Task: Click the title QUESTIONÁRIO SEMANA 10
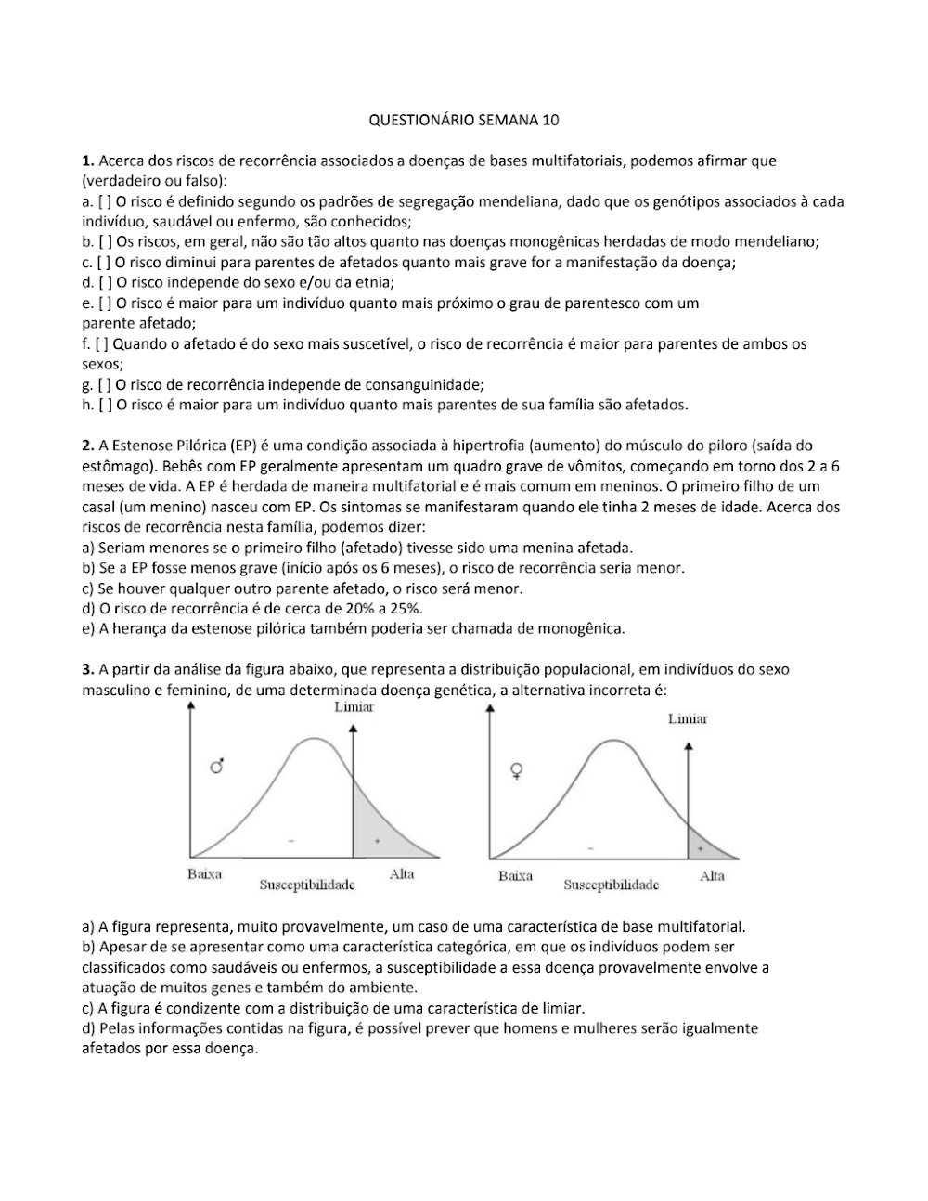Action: coord(464,120)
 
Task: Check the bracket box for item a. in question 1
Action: coord(104,201)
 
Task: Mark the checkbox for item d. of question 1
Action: coord(104,283)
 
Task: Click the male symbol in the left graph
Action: coord(217,766)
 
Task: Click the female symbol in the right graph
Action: coord(517,770)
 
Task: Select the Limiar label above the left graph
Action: coord(354,707)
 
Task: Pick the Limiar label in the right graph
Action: coord(688,718)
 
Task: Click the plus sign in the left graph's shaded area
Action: coord(377,841)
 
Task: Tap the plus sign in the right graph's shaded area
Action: coord(699,848)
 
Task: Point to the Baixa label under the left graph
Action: coord(204,874)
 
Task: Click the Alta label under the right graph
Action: coord(712,876)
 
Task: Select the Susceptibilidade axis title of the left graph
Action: coord(307,885)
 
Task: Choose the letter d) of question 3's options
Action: coord(88,1029)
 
